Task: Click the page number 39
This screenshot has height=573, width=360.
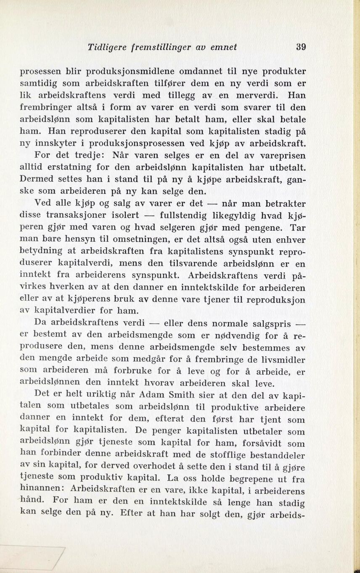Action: click(301, 47)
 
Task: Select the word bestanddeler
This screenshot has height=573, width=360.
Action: click(278, 455)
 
